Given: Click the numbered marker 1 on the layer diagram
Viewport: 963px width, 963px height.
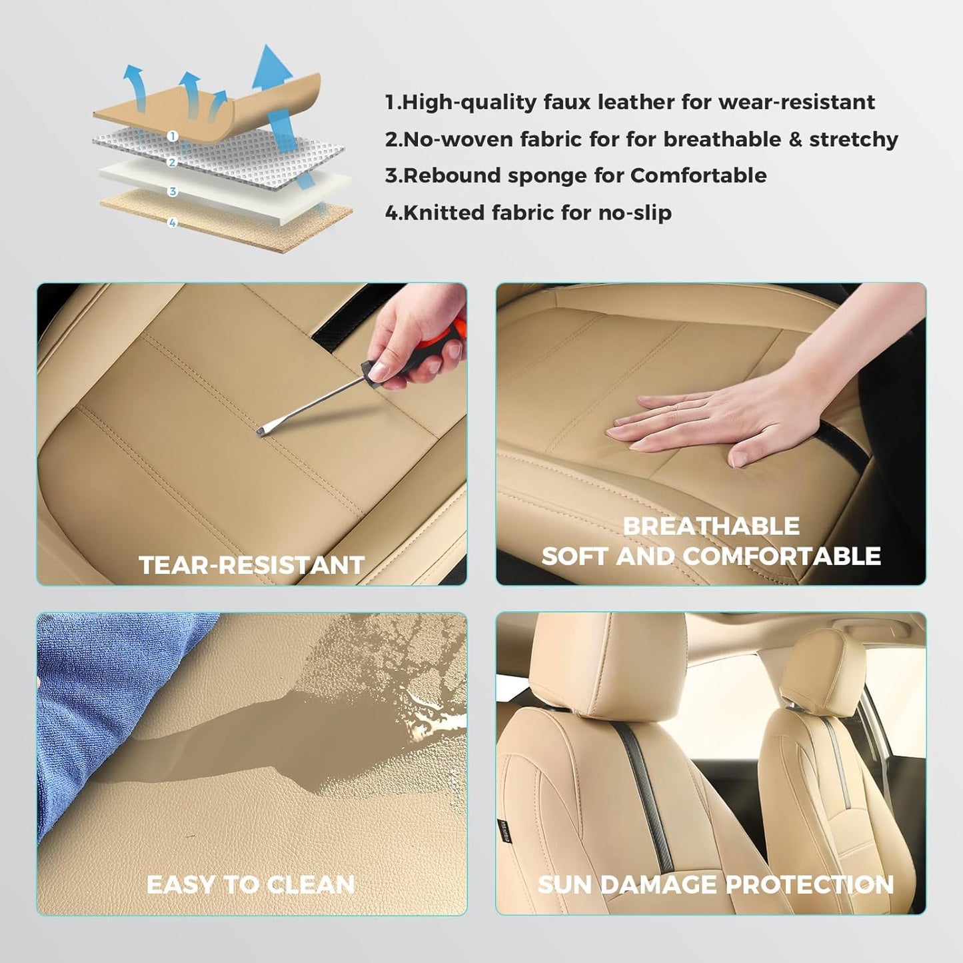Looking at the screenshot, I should pos(173,136).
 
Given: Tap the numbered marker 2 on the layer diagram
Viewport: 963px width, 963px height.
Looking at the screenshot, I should pos(173,163).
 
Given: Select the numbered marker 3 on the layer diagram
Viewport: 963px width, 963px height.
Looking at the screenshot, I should pos(173,192).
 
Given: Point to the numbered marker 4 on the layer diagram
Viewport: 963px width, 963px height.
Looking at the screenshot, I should pos(173,223).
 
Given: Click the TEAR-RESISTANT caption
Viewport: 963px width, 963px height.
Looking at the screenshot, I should pos(251,565).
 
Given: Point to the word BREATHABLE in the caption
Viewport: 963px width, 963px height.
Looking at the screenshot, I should pos(710,526).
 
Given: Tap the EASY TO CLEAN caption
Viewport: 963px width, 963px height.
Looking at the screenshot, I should pos(251,884).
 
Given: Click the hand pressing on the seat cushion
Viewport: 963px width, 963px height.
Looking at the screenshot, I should pos(700,427).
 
